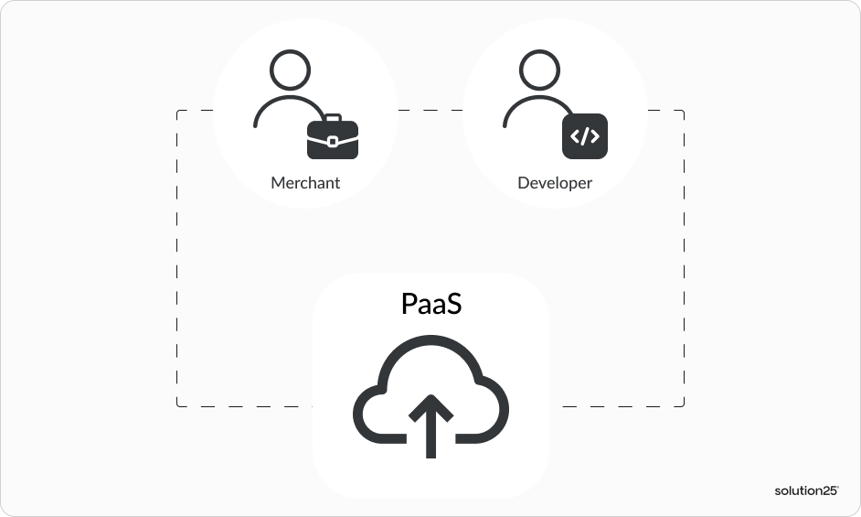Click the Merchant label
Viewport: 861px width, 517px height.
(305, 183)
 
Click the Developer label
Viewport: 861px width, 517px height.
(555, 183)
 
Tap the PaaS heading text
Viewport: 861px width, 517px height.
(431, 304)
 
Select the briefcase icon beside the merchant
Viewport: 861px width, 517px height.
(333, 139)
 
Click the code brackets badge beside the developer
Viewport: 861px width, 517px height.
(585, 137)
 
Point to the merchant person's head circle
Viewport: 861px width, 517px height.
(291, 70)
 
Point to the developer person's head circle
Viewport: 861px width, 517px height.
(540, 70)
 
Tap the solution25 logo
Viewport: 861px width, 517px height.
(806, 490)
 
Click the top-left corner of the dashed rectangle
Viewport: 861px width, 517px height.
(176, 111)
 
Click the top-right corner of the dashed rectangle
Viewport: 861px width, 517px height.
(684, 111)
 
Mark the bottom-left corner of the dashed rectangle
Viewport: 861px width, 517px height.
(176, 406)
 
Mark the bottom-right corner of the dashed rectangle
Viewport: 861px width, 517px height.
(684, 406)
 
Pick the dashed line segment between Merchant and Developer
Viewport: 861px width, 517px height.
(430, 111)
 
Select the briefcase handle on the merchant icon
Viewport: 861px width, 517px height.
(333, 118)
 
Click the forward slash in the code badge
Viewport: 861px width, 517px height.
(585, 137)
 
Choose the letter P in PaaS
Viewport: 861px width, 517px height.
(409, 304)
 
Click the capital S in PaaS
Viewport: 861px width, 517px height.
(453, 304)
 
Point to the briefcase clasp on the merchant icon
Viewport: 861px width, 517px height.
(333, 141)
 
